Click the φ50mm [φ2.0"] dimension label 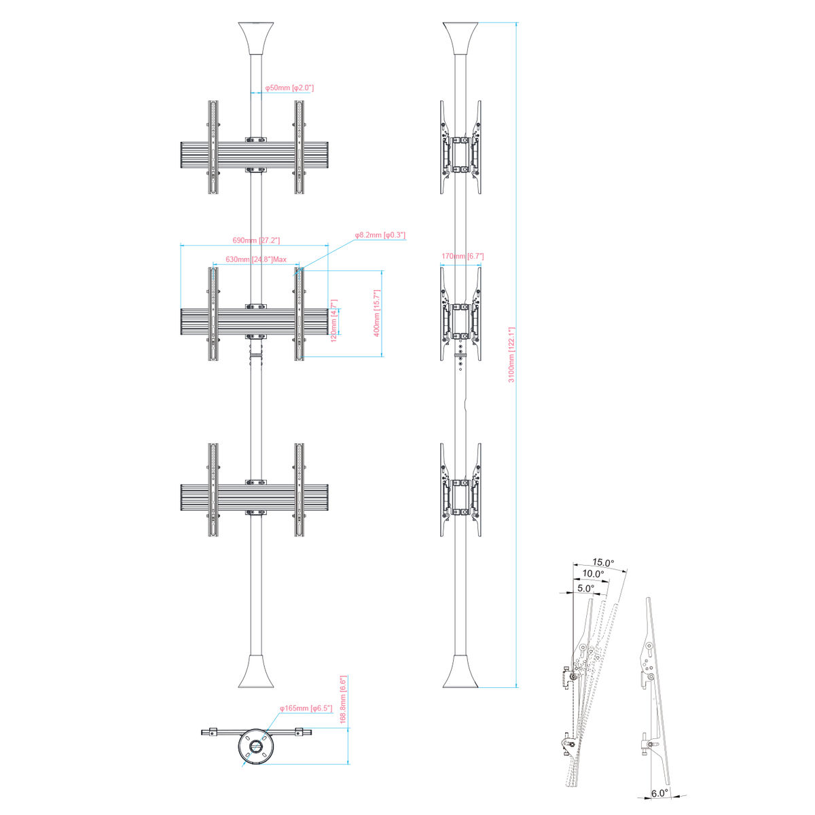pos(289,88)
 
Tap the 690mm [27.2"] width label pos(256,240)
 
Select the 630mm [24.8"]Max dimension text pos(256,259)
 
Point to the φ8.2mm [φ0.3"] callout pos(380,235)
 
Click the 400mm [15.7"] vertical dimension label pos(377,313)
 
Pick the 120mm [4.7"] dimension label pos(333,321)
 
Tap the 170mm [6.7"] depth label pos(463,256)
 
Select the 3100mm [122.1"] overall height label pos(511,355)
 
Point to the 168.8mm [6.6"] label pos(344,664)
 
